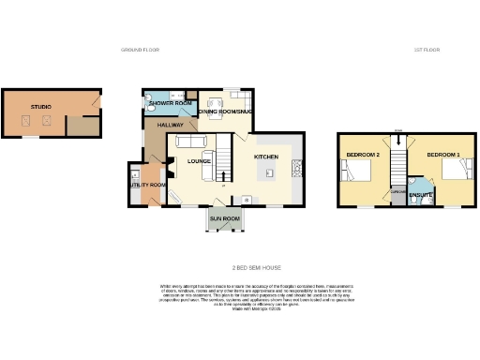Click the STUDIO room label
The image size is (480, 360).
(40, 107)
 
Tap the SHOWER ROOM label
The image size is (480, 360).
(170, 102)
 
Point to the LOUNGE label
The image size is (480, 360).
(198, 161)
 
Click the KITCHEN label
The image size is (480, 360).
(264, 157)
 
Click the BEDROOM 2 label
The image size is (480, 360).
(362, 154)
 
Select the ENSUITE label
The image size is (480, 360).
(421, 195)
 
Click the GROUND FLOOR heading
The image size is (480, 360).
(141, 49)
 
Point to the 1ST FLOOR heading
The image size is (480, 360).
(427, 49)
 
